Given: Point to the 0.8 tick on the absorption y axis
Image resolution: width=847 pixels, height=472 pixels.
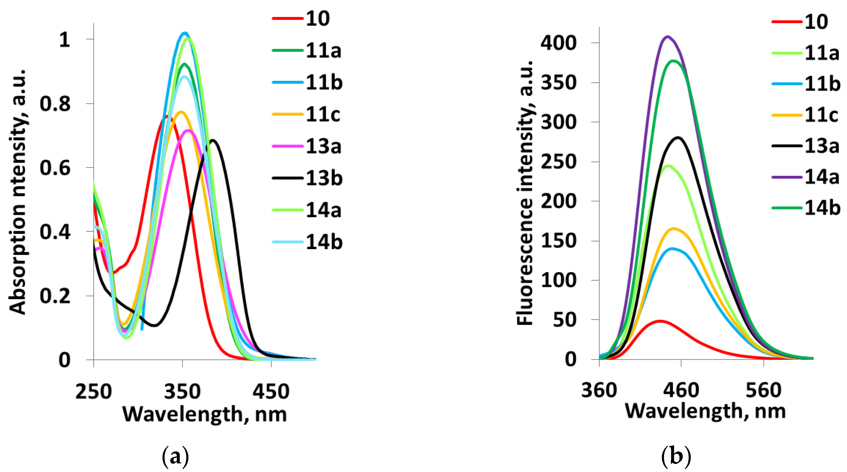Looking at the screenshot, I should pos(55,104).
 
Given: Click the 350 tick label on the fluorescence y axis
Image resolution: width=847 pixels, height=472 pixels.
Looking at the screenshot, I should pos(558,82).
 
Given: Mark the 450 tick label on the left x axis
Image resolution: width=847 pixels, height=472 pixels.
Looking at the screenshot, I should pos(271,391).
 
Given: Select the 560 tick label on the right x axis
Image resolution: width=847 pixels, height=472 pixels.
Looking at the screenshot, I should pos(763,390).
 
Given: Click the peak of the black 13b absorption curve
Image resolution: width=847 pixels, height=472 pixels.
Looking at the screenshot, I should pos(213,140).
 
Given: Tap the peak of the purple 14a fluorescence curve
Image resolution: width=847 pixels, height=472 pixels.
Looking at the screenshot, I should pos(667,37).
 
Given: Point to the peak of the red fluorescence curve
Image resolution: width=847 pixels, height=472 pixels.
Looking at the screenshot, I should pos(660,321).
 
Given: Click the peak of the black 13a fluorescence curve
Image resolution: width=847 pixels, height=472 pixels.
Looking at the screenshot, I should pos(678,138).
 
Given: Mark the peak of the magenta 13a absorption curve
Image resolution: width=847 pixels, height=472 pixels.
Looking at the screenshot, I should pos(188,130).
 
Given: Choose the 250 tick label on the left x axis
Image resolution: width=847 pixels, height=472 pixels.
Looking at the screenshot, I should pos(93,391).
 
